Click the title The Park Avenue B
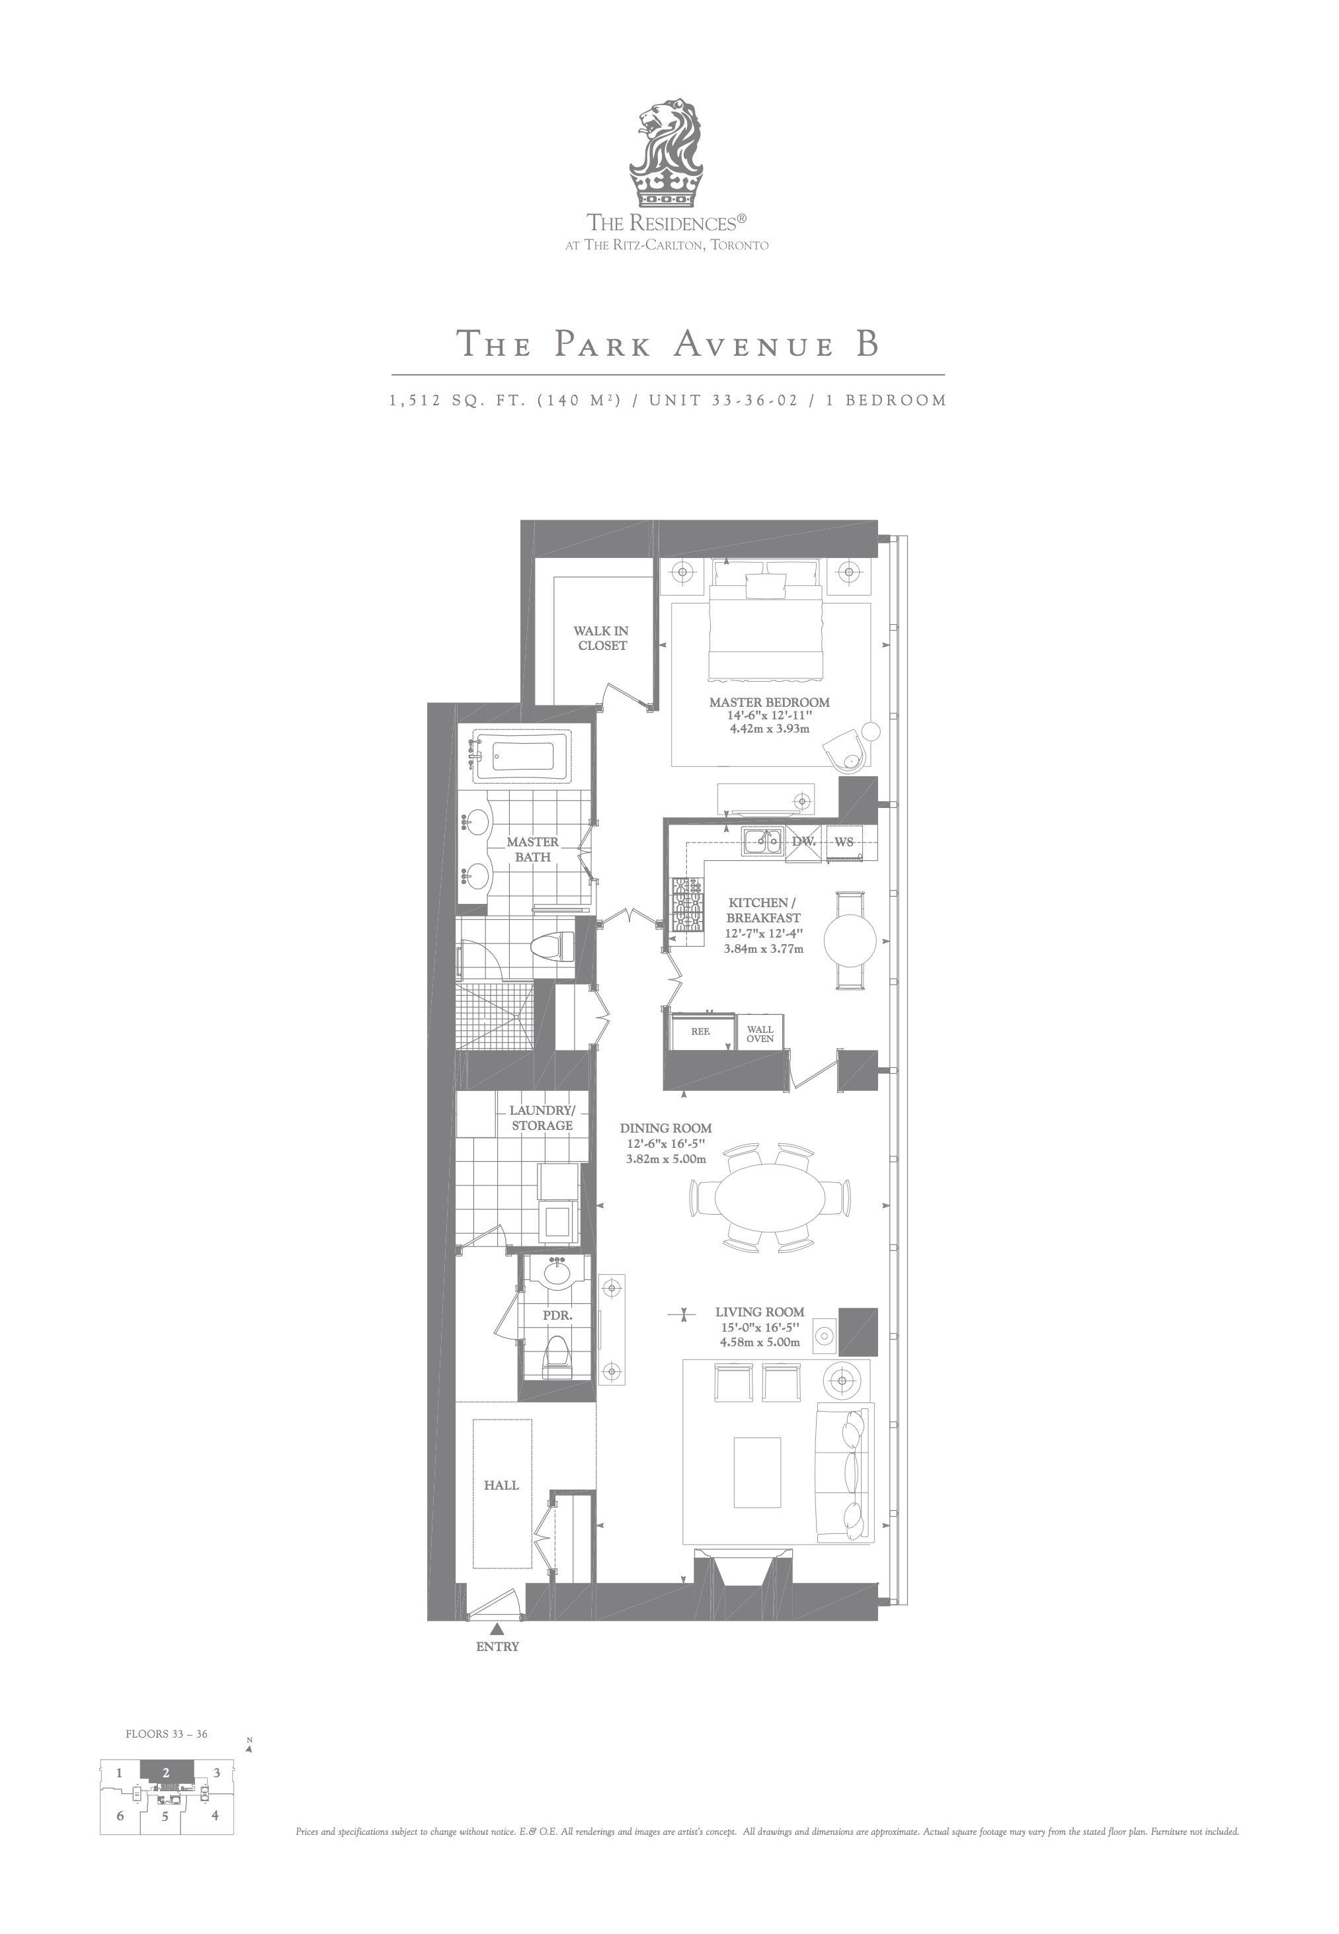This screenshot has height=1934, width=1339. coord(668,344)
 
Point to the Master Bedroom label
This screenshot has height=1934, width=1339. coord(769,702)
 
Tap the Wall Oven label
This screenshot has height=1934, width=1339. coord(760,1034)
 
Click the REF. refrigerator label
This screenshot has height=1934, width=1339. coord(700,1031)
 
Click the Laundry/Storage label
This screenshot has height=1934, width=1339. coord(541,1118)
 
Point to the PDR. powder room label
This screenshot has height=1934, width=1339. coord(557,1316)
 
